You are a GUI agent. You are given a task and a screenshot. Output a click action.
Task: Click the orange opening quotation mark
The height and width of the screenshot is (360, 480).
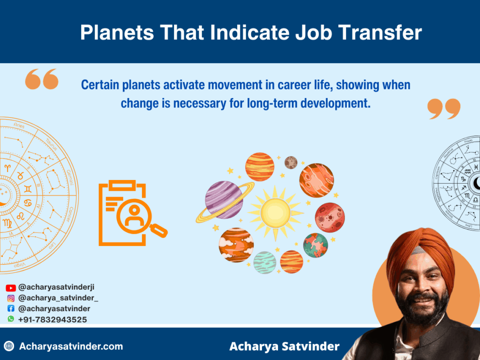pos(42,79)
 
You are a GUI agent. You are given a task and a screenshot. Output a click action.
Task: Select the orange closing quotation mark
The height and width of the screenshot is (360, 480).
pos(444,109)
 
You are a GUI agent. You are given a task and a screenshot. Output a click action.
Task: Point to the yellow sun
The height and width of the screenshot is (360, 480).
pos(275,211)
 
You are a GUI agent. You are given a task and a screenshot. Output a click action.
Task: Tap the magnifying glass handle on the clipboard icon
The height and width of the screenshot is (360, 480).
pos(159,230)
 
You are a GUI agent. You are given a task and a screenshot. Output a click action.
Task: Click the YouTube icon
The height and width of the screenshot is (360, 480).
pos(11,288)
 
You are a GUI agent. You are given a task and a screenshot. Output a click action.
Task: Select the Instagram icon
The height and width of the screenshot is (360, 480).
pos(11,298)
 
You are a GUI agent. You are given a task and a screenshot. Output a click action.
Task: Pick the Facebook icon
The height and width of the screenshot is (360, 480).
pos(11,309)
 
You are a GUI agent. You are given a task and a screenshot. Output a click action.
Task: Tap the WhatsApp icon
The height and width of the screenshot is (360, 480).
pos(11,319)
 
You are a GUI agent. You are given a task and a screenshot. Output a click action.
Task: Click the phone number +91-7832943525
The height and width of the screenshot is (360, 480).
pos(52,320)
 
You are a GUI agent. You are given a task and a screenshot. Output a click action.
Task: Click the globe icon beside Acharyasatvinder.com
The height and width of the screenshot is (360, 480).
pos(9,347)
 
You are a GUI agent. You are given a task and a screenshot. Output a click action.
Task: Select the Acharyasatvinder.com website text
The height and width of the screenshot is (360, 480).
pos(71,347)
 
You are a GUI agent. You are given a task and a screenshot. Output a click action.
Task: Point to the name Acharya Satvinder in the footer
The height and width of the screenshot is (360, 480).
pos(284,347)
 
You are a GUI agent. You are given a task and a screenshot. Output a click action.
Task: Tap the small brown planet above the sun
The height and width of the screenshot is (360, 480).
pos(291,162)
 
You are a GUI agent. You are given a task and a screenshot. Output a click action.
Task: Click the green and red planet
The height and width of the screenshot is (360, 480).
pos(315,245)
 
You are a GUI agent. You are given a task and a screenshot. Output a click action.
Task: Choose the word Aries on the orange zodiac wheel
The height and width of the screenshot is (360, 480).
pos(19,125)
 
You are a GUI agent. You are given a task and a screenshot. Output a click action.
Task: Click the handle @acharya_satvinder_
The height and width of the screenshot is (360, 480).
pos(58,298)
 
